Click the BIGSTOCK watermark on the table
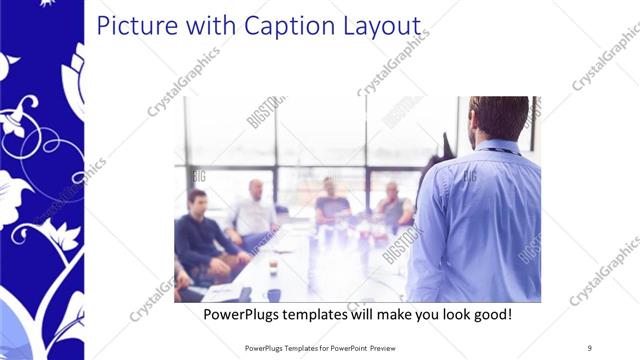400,245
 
